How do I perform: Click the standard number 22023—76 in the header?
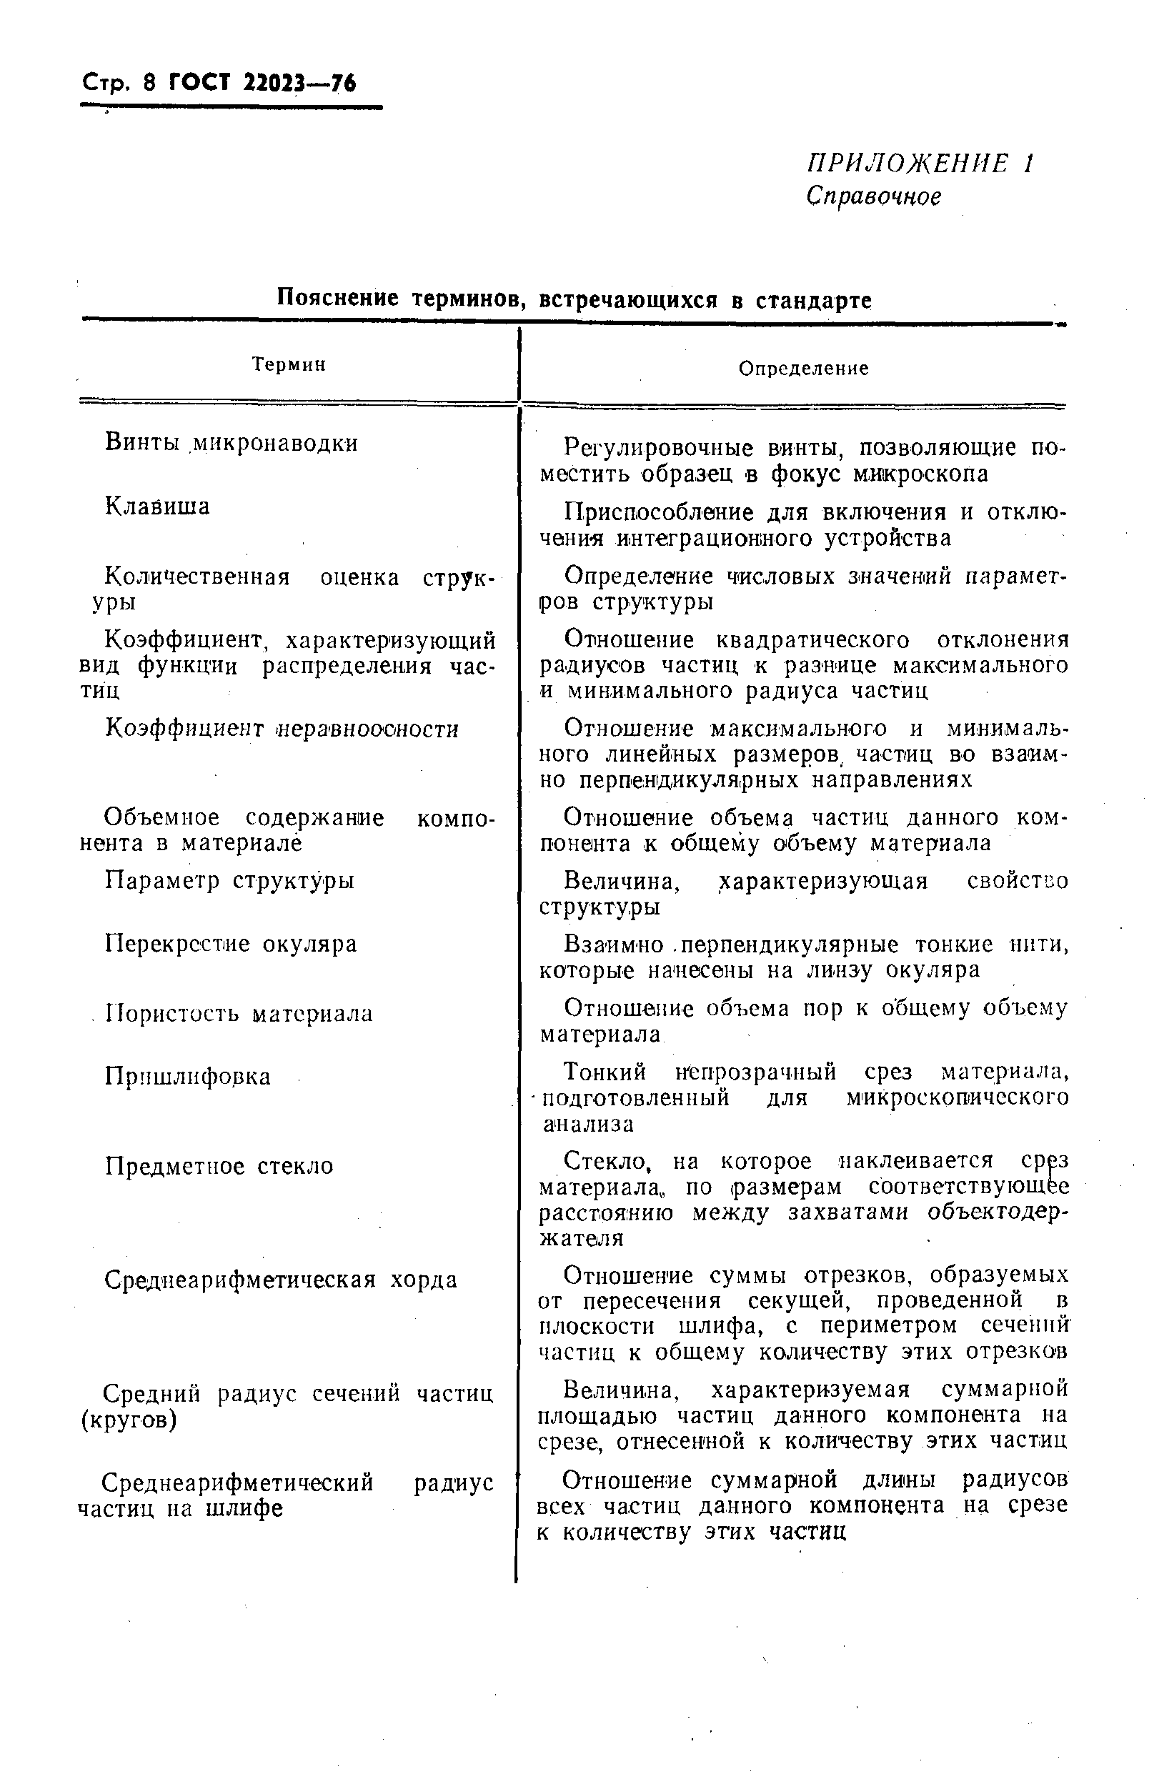299,82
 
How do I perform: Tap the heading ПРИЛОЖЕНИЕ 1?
920,164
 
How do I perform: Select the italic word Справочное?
873,196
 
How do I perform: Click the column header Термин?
289,364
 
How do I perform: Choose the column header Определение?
804,369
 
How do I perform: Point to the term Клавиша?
157,507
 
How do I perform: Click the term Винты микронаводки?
232,443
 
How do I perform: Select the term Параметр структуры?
229,880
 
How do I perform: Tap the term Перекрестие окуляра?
231,945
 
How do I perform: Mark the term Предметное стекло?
219,1166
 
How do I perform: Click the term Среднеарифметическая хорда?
281,1280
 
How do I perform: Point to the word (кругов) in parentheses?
129,1421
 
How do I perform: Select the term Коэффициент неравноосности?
282,729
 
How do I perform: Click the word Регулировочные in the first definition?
659,448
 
